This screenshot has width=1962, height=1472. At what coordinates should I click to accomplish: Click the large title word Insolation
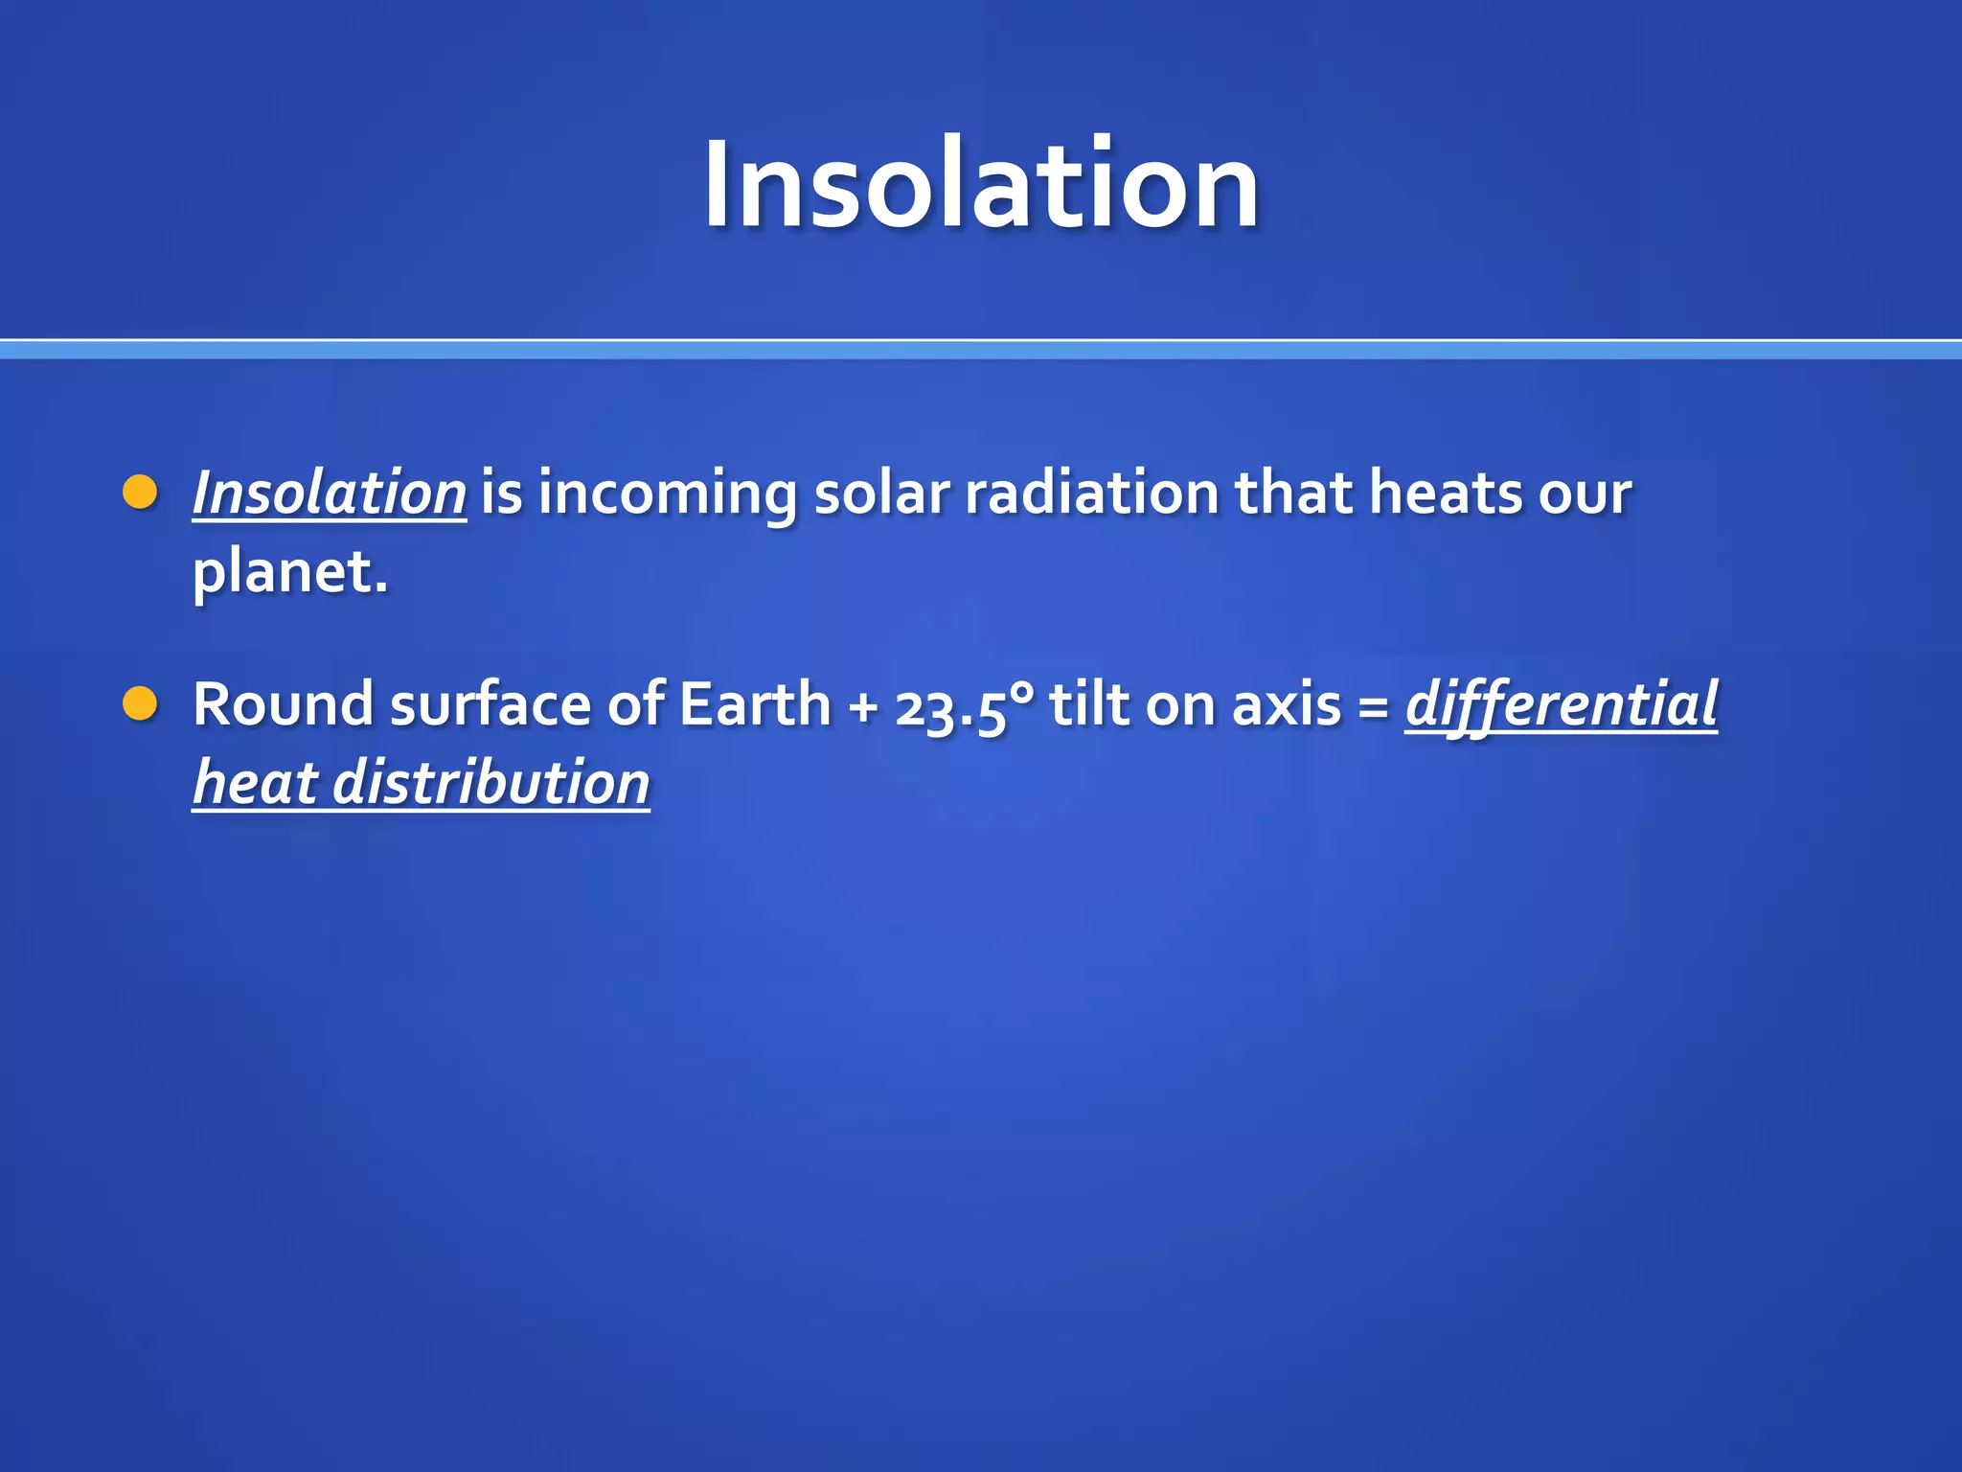[x=981, y=184]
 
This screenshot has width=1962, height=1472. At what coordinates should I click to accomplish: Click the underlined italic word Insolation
[x=329, y=493]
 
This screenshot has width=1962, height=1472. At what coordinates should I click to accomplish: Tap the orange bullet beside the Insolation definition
[x=140, y=492]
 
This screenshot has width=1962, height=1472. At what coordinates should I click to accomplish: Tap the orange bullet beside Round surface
[x=140, y=703]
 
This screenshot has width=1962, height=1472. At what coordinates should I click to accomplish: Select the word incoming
[x=667, y=494]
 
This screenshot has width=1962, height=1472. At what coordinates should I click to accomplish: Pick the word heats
[x=1445, y=493]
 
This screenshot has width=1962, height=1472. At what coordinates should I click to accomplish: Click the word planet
[x=289, y=572]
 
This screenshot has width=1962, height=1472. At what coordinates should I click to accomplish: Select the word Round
[x=283, y=704]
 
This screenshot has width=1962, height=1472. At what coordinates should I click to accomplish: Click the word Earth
[x=755, y=704]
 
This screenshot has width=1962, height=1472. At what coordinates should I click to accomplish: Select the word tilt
[x=1089, y=704]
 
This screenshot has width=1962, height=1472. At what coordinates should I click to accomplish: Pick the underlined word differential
[x=1561, y=704]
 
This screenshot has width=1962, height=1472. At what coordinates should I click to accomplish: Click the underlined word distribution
[x=491, y=783]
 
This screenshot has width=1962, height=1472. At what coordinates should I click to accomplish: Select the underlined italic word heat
[x=255, y=783]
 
